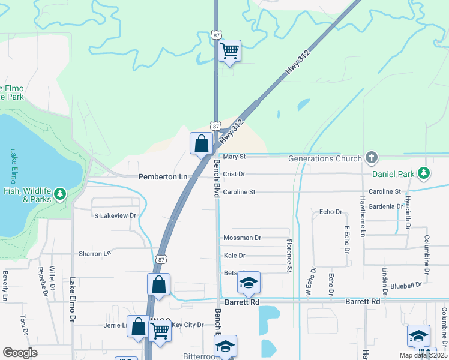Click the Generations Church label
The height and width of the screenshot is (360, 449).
click(x=325, y=158)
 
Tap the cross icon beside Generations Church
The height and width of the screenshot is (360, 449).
click(x=372, y=158)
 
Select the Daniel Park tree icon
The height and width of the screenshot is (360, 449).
click(x=424, y=173)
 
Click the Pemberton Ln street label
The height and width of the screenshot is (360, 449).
click(x=163, y=177)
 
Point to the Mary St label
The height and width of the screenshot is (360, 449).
click(x=235, y=157)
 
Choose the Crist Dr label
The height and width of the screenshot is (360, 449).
click(x=234, y=174)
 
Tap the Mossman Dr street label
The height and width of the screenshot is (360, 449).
click(x=242, y=238)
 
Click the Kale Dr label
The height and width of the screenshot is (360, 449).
click(x=234, y=256)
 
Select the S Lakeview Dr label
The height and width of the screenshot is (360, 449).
click(x=115, y=215)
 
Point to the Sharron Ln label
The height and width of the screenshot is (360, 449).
click(x=95, y=254)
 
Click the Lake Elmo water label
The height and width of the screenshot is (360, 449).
click(x=14, y=166)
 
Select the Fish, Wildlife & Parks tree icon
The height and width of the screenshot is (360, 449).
click(x=59, y=194)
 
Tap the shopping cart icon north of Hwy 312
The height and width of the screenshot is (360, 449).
click(x=229, y=50)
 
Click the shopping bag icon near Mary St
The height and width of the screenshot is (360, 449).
click(x=201, y=143)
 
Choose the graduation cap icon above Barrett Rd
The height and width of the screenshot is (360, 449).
click(x=248, y=283)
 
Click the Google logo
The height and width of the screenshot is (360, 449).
click(x=20, y=353)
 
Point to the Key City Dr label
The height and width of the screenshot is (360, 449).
click(x=188, y=325)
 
